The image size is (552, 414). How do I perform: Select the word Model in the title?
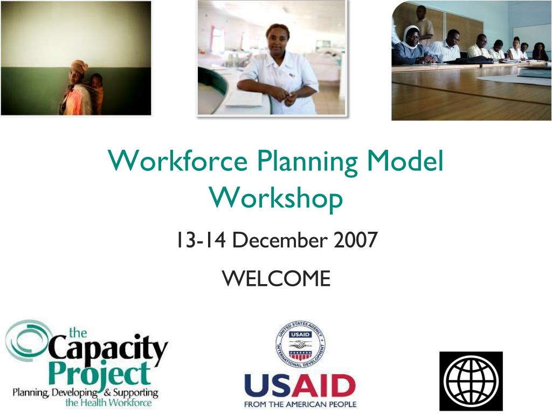[x=405, y=160]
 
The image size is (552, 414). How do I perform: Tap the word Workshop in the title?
[x=276, y=199]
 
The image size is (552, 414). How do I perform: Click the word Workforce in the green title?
[x=178, y=160]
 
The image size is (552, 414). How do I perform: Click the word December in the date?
[x=280, y=240]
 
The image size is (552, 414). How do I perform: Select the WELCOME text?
[x=277, y=279]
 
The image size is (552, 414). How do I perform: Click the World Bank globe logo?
[x=471, y=381]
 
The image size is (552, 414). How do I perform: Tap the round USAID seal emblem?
[x=300, y=344]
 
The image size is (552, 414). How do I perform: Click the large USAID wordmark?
[x=300, y=385]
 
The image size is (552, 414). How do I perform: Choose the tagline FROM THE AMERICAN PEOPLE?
[x=300, y=404]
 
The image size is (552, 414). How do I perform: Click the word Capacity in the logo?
[x=107, y=349]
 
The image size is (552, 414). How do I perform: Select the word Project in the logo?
[x=100, y=374]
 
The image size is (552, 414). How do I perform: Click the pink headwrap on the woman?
[x=80, y=65]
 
